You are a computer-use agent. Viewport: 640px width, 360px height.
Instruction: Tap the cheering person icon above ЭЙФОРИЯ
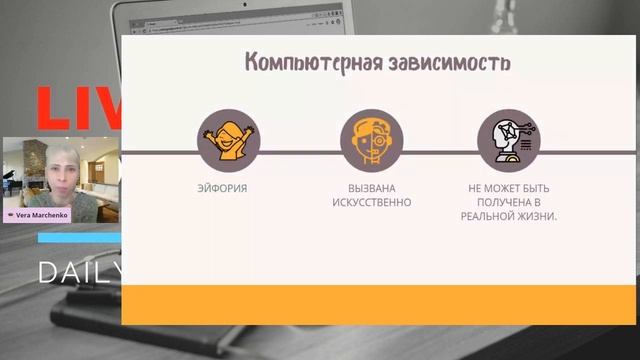pyautogui.click(x=229, y=140)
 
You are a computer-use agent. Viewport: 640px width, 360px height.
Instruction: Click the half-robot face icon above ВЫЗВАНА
pyautogui.click(x=371, y=140)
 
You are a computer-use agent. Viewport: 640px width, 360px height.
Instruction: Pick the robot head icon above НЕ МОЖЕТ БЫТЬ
pyautogui.click(x=509, y=140)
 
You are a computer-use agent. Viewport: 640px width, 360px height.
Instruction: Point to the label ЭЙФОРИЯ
pyautogui.click(x=222, y=188)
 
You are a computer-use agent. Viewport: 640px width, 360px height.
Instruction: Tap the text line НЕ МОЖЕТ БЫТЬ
pyautogui.click(x=509, y=188)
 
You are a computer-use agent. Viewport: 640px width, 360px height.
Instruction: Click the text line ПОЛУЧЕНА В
pyautogui.click(x=509, y=202)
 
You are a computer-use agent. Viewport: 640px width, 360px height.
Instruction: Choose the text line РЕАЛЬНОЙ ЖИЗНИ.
pyautogui.click(x=509, y=216)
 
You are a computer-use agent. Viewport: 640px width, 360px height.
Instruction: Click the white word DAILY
pyautogui.click(x=80, y=272)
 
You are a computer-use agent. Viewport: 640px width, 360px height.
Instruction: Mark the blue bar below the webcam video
pyautogui.click(x=80, y=238)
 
